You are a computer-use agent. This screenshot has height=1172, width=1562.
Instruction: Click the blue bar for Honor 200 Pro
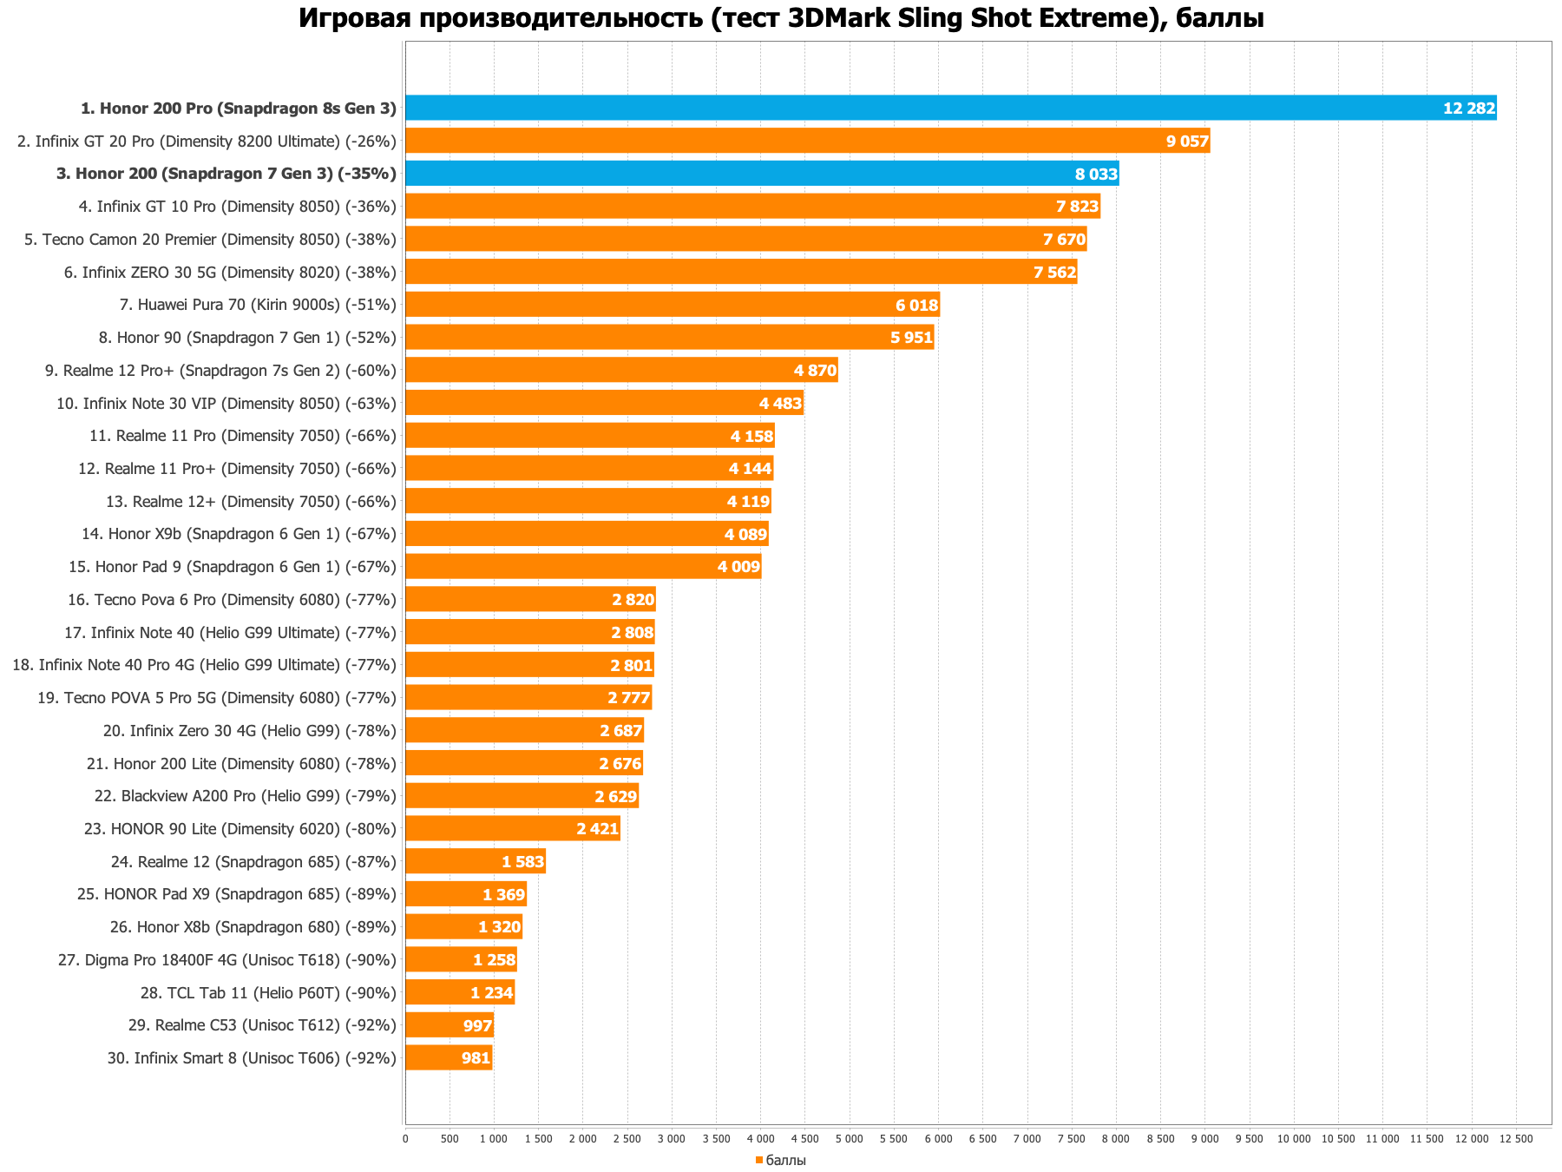click(x=950, y=108)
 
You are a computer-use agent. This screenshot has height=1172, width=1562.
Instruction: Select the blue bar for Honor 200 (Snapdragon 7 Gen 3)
click(x=762, y=174)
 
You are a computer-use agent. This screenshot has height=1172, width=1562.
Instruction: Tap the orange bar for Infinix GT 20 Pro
click(x=807, y=141)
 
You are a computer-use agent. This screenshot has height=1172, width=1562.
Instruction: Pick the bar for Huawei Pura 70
click(x=673, y=305)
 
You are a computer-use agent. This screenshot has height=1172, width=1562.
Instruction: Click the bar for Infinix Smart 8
click(x=449, y=1057)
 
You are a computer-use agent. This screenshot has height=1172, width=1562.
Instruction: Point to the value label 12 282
click(x=1469, y=109)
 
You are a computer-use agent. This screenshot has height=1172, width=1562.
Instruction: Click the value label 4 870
click(x=815, y=371)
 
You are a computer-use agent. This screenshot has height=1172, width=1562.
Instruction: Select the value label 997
click(x=477, y=1025)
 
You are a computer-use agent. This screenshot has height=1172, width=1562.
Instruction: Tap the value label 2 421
click(x=597, y=829)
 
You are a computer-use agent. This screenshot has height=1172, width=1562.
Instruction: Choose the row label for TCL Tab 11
click(x=268, y=992)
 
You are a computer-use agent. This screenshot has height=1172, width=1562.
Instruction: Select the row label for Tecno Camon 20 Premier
click(x=210, y=239)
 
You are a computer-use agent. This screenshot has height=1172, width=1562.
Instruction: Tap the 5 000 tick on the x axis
click(x=849, y=1138)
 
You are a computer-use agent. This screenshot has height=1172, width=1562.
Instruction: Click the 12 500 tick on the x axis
click(x=1516, y=1138)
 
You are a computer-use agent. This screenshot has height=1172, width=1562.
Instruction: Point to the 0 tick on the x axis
click(x=405, y=1138)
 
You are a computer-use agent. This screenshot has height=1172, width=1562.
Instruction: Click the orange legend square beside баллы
click(x=758, y=1161)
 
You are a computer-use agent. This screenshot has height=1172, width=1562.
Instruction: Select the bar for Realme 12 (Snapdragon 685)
click(x=475, y=861)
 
